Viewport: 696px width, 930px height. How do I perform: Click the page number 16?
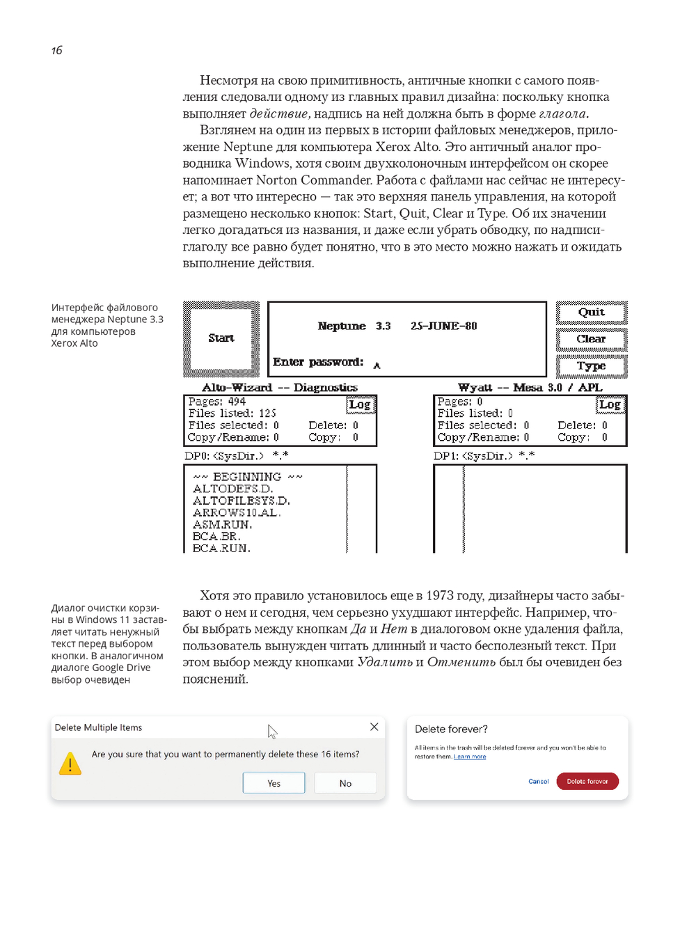pyautogui.click(x=57, y=50)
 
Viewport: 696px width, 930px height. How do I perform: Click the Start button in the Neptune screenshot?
pyautogui.click(x=221, y=338)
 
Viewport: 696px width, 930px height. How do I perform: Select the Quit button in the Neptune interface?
pyautogui.click(x=592, y=313)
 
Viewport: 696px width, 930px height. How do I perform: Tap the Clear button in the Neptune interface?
pyautogui.click(x=592, y=339)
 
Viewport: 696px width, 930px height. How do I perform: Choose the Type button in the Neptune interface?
pyautogui.click(x=592, y=366)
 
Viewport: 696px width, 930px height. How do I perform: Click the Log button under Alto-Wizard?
pyautogui.click(x=360, y=404)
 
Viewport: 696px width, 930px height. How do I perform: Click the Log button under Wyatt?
pyautogui.click(x=610, y=404)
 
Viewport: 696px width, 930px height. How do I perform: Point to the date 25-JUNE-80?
pyautogui.click(x=443, y=326)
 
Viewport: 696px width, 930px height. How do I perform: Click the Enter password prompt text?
pyautogui.click(x=318, y=362)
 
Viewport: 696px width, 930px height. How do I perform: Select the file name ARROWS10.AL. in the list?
pyautogui.click(x=237, y=512)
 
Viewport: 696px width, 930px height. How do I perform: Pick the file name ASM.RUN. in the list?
pyautogui.click(x=222, y=524)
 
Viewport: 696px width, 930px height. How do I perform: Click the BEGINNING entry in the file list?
pyautogui.click(x=247, y=477)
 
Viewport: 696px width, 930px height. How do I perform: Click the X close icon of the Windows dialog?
pyautogui.click(x=374, y=727)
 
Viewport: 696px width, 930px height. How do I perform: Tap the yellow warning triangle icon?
pyautogui.click(x=70, y=764)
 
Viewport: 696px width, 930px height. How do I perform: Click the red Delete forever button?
pyautogui.click(x=587, y=782)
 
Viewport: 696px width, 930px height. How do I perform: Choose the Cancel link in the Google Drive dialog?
pyautogui.click(x=539, y=782)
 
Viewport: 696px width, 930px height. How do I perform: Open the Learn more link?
pyautogui.click(x=470, y=757)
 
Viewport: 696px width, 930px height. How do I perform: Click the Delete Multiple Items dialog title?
pyautogui.click(x=98, y=727)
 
